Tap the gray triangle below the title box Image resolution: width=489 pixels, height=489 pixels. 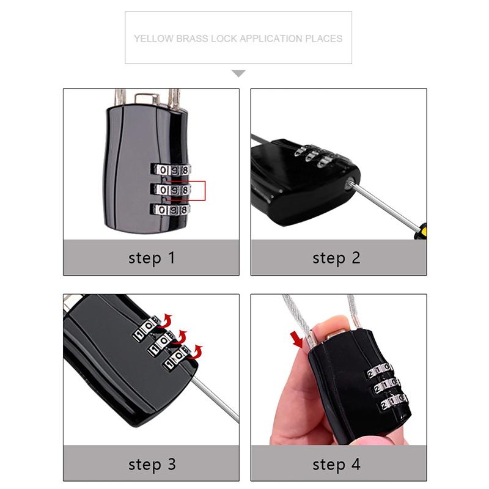click(238, 73)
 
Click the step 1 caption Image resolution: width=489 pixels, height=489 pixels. click(152, 257)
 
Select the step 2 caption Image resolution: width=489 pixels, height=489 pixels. click(337, 257)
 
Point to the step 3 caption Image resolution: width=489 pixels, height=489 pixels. click(152, 464)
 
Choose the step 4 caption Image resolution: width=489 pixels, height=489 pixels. click(337, 464)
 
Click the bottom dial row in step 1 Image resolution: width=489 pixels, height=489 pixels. click(171, 210)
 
